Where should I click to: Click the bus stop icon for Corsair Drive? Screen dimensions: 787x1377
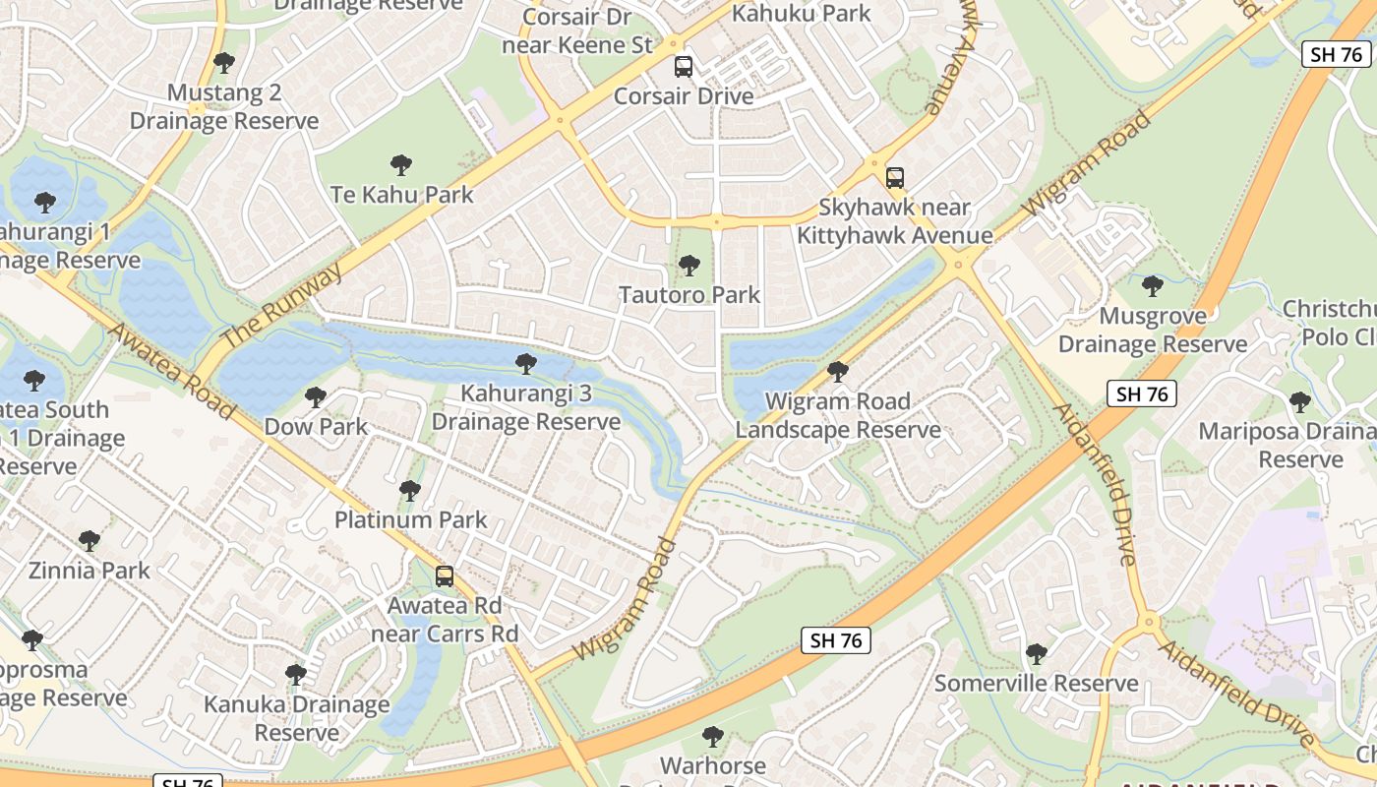683,67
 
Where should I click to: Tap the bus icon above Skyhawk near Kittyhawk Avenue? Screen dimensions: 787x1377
894,178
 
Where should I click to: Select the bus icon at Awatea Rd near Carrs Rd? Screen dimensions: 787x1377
445,576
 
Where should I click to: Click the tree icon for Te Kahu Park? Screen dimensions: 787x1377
400,164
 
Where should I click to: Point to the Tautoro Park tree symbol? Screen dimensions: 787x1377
689,265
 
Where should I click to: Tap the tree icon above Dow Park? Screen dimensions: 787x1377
315,397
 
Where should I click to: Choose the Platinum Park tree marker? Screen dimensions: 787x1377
410,490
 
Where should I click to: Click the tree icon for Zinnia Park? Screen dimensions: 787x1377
90,541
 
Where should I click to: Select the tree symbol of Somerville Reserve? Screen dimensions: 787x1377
1036,653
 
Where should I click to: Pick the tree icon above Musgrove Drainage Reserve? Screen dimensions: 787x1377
1152,286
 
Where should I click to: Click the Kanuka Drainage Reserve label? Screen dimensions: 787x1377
296,718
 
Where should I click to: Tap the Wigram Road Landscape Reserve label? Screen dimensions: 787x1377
837,415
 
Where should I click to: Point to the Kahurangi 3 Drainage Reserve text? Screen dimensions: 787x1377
526,407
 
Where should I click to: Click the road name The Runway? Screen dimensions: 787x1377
281,304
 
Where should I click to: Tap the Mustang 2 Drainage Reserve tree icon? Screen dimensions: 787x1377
224,63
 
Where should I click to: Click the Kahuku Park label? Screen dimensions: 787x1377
802,13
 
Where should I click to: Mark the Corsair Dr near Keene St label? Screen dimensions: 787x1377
577,30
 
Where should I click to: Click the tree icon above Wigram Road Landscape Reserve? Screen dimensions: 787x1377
837,371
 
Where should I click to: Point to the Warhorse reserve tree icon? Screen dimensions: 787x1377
713,736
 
